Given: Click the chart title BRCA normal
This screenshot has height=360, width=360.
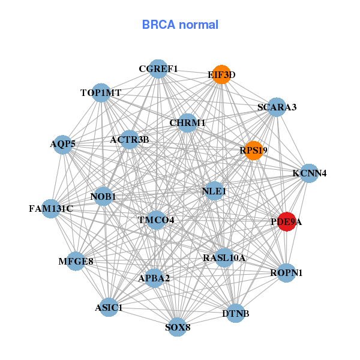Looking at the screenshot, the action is tap(180, 25).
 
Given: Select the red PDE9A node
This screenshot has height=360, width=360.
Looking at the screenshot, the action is tap(287, 221).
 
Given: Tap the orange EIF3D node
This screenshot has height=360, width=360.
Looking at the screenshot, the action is tap(222, 74).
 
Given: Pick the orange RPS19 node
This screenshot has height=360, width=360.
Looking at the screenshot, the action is tap(254, 151).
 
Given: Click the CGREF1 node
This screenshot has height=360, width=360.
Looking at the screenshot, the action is tap(158, 68).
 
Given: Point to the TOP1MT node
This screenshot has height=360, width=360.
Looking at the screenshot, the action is tap(101, 92).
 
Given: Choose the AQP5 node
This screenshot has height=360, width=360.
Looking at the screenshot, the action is tap(63, 144).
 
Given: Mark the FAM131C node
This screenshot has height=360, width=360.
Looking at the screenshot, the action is tap(51, 209).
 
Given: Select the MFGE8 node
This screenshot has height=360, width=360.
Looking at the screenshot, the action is tap(76, 261).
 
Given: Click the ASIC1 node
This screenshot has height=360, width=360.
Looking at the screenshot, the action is tap(109, 308).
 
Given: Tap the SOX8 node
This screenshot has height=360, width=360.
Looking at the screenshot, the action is tap(177, 327).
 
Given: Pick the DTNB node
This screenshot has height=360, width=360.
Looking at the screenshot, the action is tap(235, 313).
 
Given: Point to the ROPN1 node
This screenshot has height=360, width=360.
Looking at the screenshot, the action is tap(287, 273).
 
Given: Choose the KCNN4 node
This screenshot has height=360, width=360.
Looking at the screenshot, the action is tap(310, 173).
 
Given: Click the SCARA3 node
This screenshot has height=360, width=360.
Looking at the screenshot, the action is tap(277, 107).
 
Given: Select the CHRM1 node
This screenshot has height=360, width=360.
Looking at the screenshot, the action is tap(187, 122).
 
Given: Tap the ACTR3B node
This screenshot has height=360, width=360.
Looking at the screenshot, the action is tap(130, 140).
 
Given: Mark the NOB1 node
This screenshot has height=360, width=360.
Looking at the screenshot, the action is tap(103, 196).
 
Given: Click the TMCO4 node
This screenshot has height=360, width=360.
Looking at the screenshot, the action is tap(156, 220).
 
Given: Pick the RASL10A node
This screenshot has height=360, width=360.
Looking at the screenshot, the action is tap(224, 258).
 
